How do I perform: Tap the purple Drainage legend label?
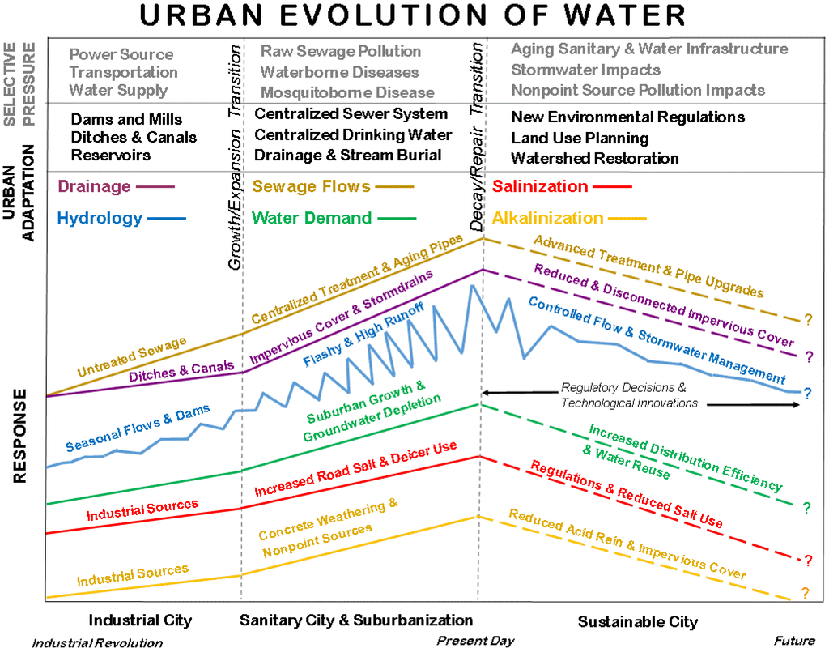[93, 187]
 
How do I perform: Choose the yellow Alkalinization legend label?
[548, 218]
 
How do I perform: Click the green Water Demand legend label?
[312, 218]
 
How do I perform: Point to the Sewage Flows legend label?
[312, 187]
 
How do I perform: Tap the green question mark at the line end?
[806, 509]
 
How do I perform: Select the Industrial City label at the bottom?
[140, 620]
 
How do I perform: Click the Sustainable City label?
[637, 622]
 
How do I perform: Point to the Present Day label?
[475, 641]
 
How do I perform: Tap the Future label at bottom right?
[793, 641]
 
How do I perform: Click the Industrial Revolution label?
[97, 643]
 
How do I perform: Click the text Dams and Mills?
[127, 119]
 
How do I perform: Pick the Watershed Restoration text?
[595, 158]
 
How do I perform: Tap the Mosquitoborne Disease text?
[347, 92]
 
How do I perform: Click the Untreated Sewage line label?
[132, 356]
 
